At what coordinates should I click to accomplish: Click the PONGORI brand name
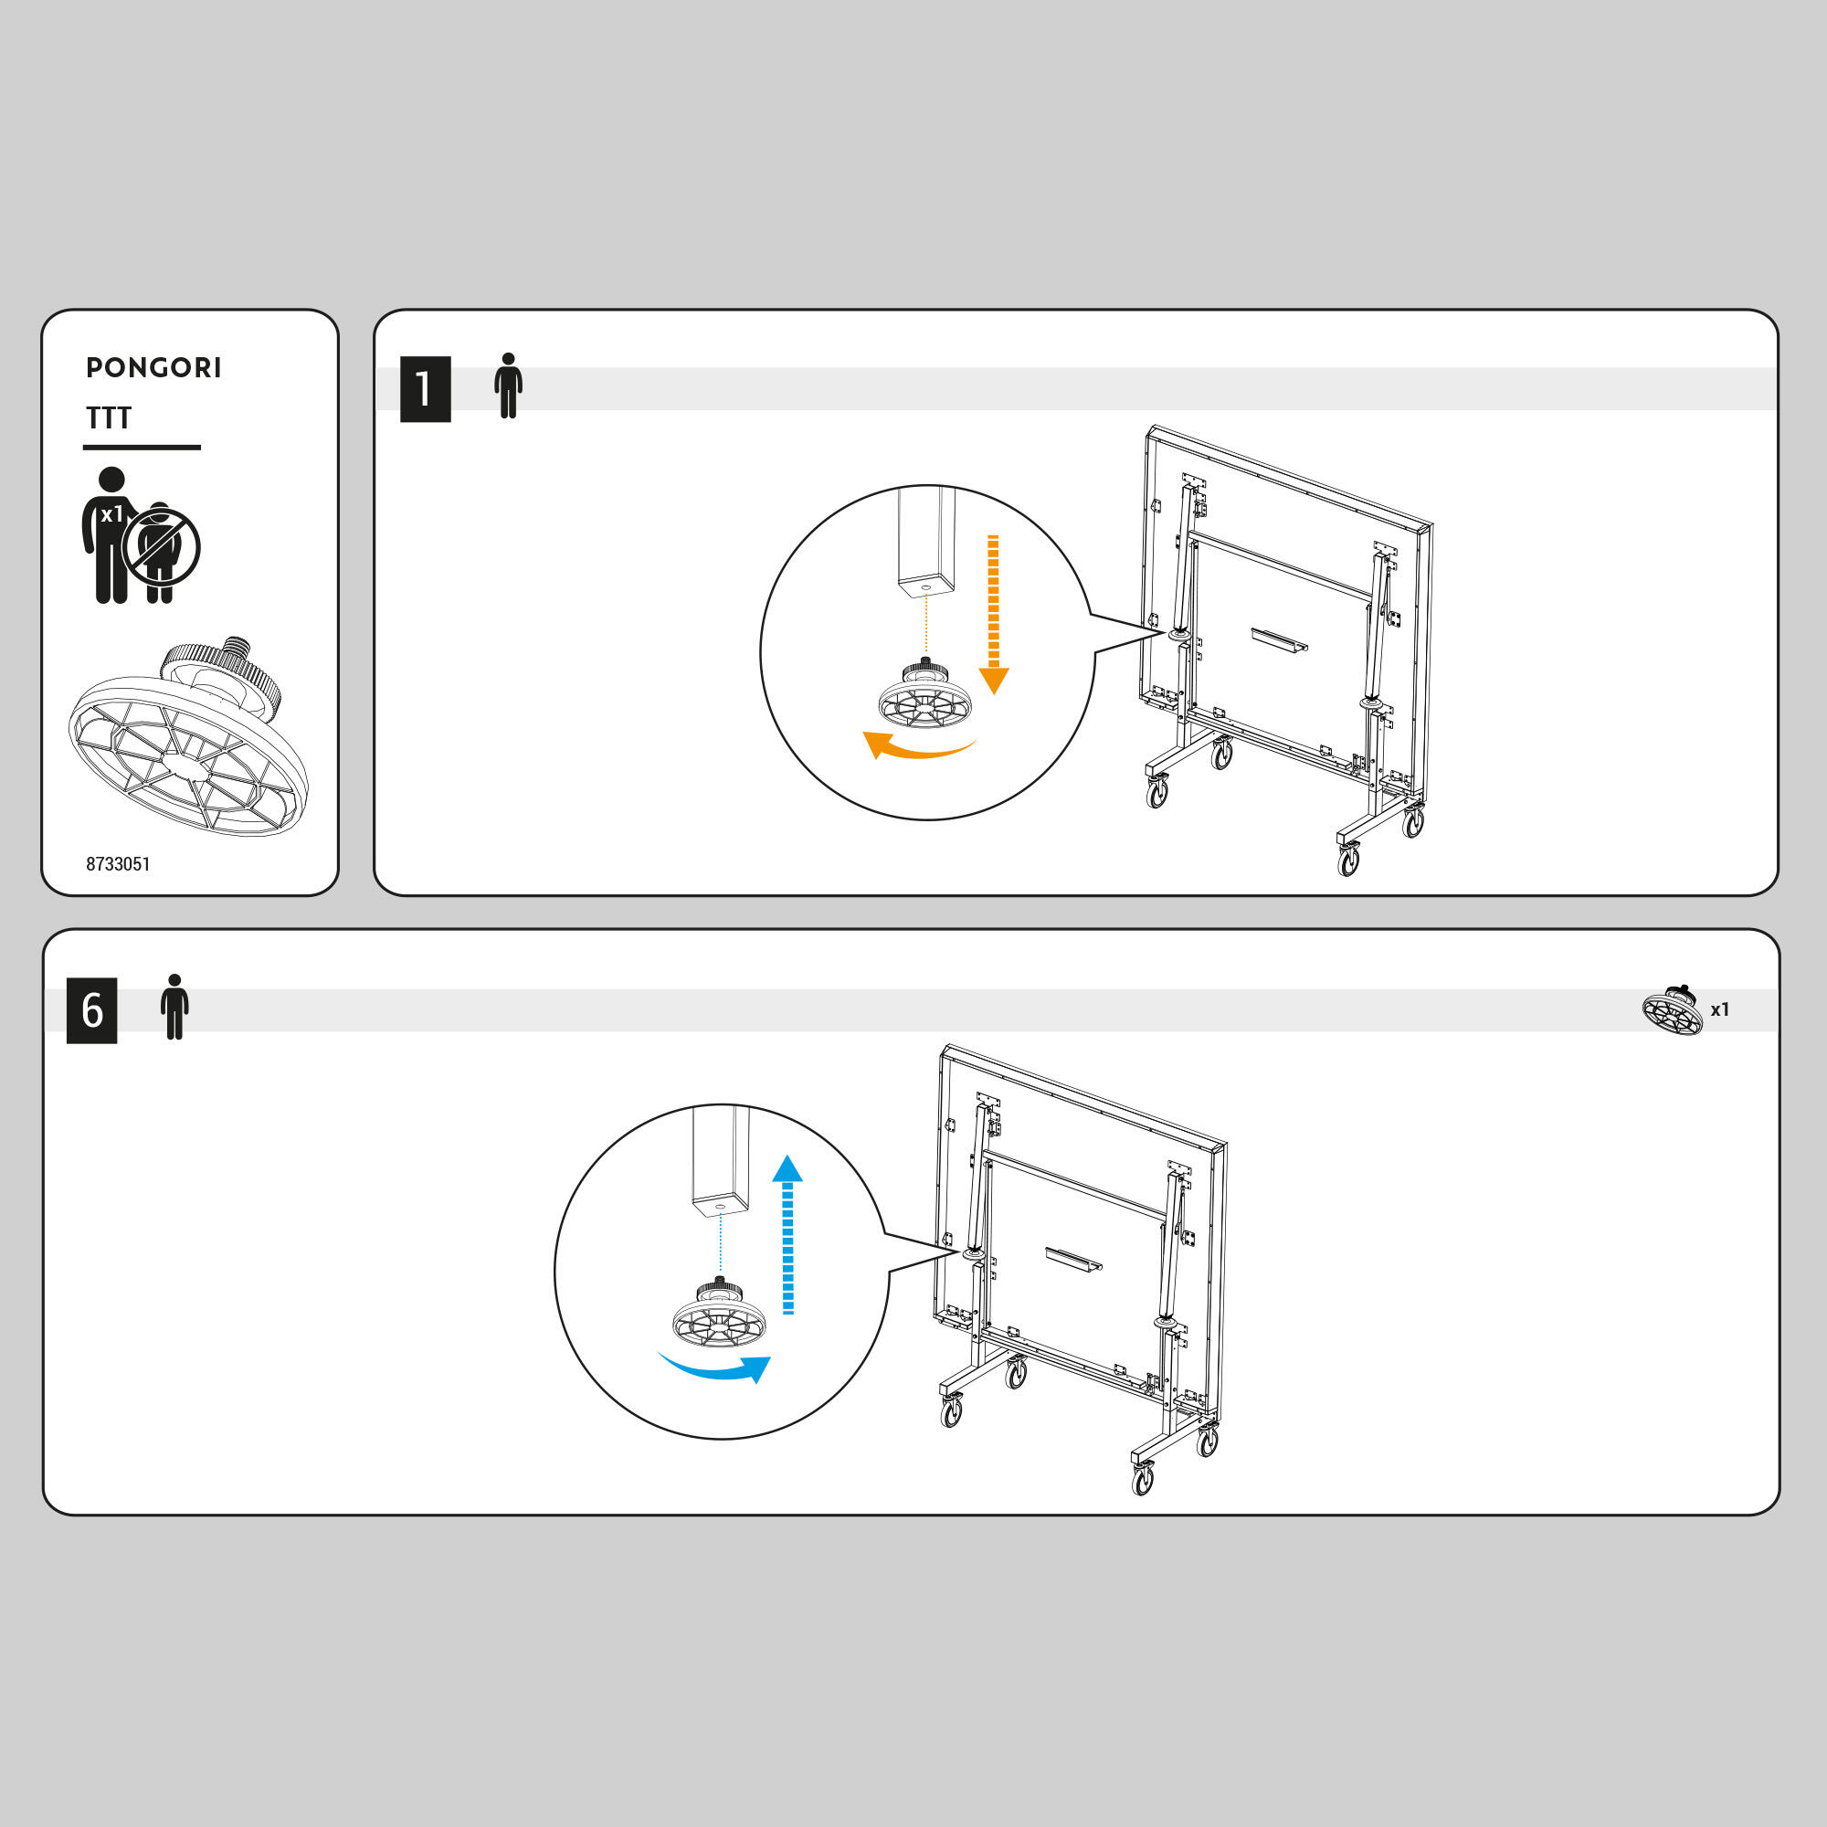[153, 368]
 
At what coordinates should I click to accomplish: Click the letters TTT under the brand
[109, 418]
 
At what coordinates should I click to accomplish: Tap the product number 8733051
[118, 863]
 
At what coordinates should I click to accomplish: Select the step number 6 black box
[91, 1010]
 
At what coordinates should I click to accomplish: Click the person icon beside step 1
[508, 385]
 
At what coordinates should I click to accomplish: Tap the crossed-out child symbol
[162, 548]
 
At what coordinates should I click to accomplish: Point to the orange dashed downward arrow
[993, 615]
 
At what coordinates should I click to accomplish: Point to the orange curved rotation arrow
[919, 753]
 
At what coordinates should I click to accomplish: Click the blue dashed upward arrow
[787, 1234]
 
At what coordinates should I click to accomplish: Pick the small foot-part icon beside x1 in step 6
[1673, 1010]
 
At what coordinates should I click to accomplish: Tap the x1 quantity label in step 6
[1720, 1010]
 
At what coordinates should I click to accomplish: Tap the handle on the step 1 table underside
[1280, 640]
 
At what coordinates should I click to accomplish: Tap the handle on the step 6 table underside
[1073, 1260]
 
